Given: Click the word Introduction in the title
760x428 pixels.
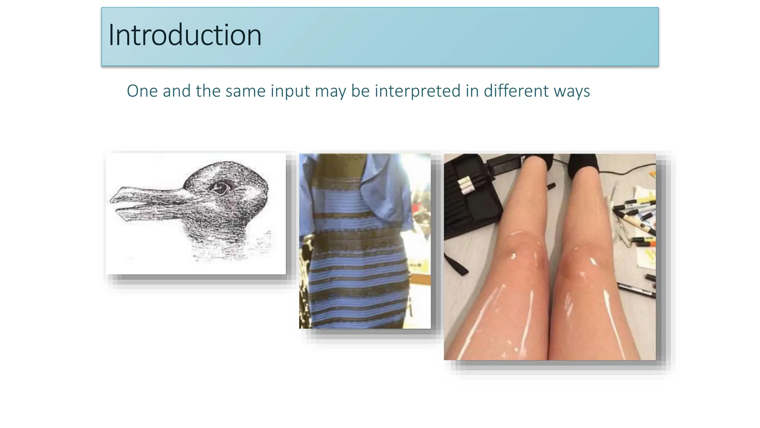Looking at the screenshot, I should pos(185,35).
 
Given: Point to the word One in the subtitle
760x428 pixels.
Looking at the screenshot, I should pos(142,91).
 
